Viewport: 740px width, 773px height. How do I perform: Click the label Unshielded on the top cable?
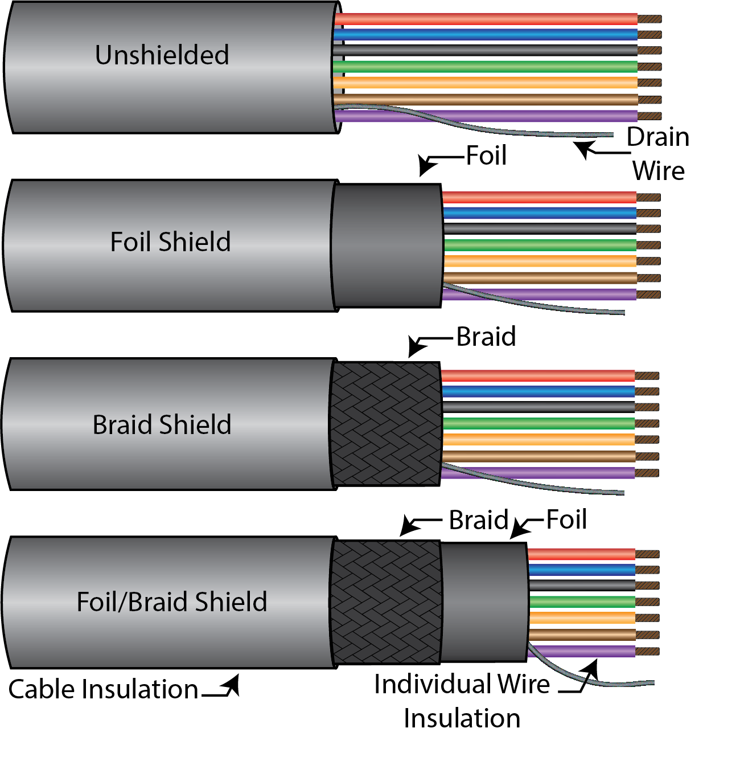pyautogui.click(x=162, y=55)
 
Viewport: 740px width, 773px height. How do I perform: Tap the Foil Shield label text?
pyautogui.click(x=170, y=242)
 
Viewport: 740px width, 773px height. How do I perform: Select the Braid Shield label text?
pyautogui.click(x=162, y=425)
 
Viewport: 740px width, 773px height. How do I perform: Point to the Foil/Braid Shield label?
pyautogui.click(x=172, y=602)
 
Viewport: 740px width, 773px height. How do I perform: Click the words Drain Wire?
pyautogui.click(x=658, y=154)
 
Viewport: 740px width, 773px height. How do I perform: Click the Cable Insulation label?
pyautogui.click(x=103, y=689)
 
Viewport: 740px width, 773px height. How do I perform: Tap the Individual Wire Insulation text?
pyautogui.click(x=462, y=701)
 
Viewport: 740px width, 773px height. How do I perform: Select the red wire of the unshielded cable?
pyautogui.click(x=484, y=19)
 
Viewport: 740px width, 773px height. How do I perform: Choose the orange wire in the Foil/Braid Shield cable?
pyautogui.click(x=581, y=617)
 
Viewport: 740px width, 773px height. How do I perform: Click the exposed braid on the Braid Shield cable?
pyautogui.click(x=386, y=424)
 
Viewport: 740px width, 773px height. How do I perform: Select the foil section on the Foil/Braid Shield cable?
pyautogui.click(x=484, y=602)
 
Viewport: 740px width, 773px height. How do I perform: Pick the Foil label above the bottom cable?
pyautogui.click(x=566, y=520)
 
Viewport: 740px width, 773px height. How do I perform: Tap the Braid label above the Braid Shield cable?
pyautogui.click(x=486, y=337)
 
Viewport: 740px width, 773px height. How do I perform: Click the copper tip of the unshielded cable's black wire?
pyautogui.click(x=649, y=51)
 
